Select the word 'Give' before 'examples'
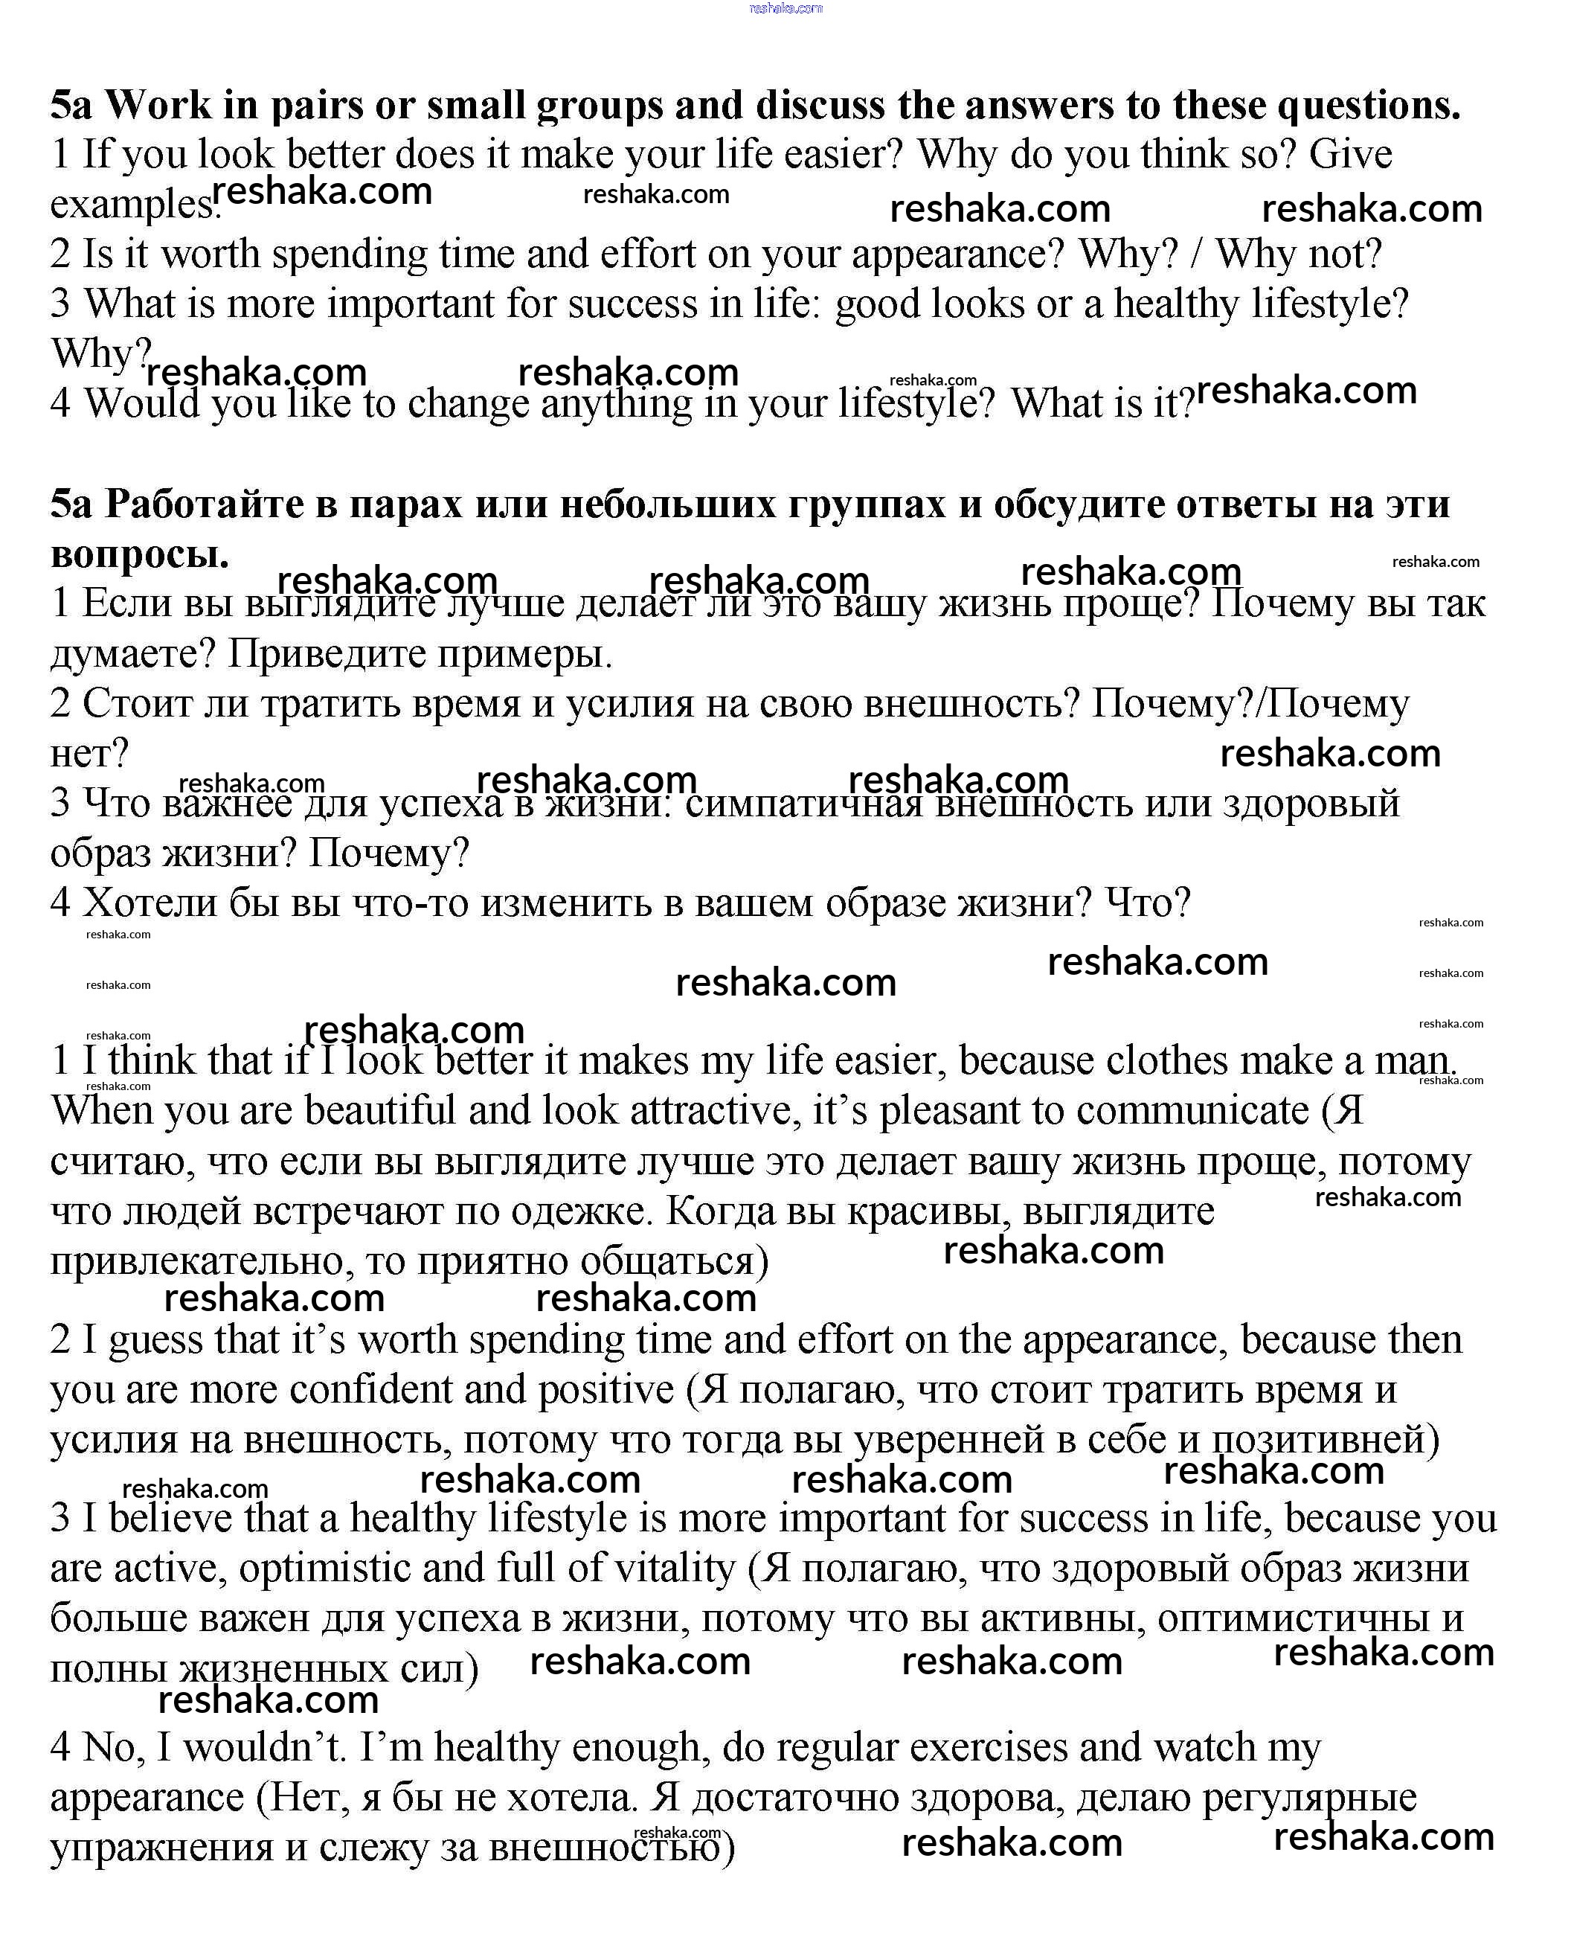click(1351, 156)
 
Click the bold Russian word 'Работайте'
click(204, 504)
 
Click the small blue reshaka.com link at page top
click(785, 8)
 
